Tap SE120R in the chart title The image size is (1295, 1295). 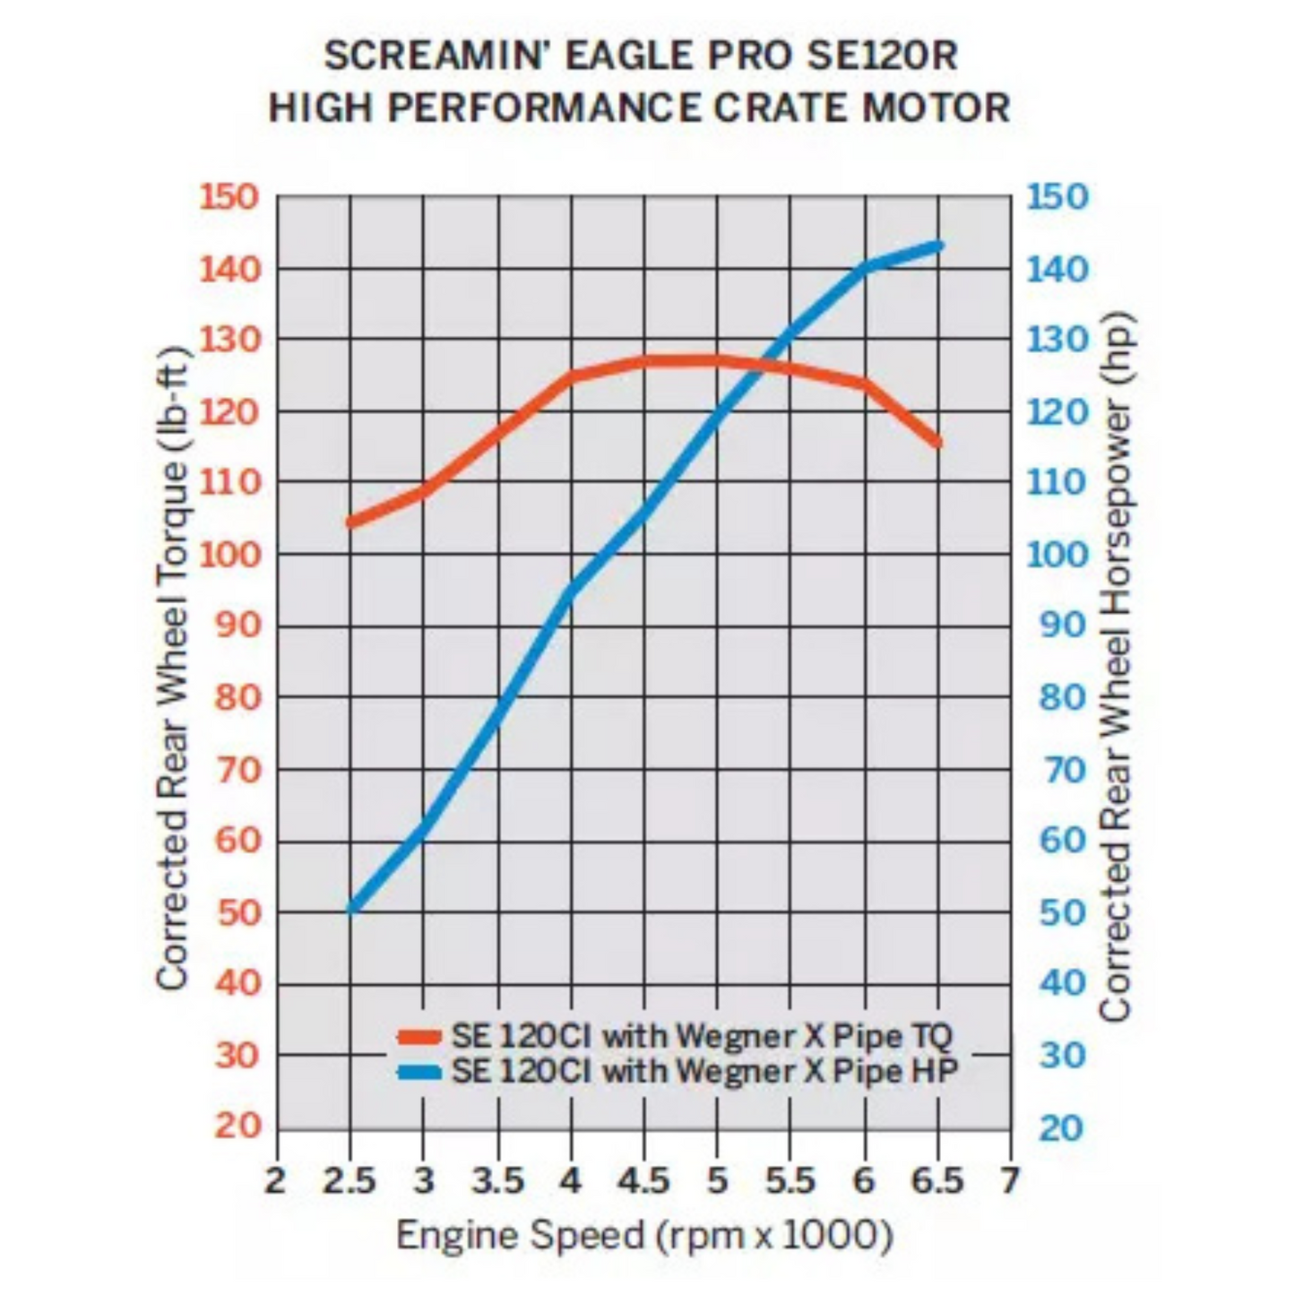point(882,56)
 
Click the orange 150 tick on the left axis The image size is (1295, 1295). point(229,196)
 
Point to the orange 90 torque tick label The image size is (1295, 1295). point(237,626)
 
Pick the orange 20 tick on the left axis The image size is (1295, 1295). point(237,1127)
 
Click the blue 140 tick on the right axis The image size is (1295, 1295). point(1058,268)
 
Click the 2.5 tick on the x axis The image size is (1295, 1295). point(350,1181)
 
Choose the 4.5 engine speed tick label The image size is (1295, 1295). point(643,1181)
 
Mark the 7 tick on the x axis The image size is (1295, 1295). point(1011,1181)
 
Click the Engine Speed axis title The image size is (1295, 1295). point(644,1236)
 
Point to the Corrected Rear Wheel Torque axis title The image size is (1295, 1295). point(172,667)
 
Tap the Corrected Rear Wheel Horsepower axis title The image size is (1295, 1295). point(1116,667)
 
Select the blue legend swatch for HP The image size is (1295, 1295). point(419,1072)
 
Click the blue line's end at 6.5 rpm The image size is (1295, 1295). point(938,246)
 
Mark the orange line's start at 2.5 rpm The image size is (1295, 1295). point(350,522)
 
